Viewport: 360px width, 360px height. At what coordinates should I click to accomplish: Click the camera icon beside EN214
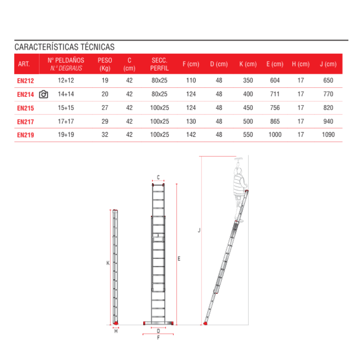[43, 94]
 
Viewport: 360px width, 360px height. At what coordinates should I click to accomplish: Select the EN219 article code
[26, 135]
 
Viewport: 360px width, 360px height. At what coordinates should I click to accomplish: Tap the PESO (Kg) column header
[105, 64]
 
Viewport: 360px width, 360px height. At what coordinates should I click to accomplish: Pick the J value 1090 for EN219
[328, 135]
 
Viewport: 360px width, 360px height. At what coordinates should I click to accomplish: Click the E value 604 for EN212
[275, 81]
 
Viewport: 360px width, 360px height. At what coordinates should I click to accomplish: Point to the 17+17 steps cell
[66, 121]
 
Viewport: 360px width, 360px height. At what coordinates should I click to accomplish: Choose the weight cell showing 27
[105, 108]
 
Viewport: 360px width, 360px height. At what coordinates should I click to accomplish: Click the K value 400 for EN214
[248, 94]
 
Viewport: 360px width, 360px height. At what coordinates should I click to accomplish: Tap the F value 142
[191, 135]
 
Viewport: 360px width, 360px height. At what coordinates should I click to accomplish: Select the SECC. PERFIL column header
[159, 64]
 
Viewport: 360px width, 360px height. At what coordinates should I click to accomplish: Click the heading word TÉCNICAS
[98, 47]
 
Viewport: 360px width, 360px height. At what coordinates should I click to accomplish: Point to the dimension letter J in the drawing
[199, 230]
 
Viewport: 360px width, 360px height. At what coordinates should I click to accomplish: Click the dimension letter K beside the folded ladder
[108, 263]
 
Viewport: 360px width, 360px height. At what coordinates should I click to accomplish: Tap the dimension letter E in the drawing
[179, 258]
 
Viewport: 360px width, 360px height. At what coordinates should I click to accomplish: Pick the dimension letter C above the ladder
[158, 177]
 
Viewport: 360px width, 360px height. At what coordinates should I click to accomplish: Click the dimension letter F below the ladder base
[158, 338]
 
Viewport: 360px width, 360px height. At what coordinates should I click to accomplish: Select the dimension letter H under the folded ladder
[116, 331]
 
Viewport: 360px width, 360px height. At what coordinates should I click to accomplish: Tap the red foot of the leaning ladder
[205, 323]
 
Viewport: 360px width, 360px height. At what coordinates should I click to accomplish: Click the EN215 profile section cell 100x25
[159, 108]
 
